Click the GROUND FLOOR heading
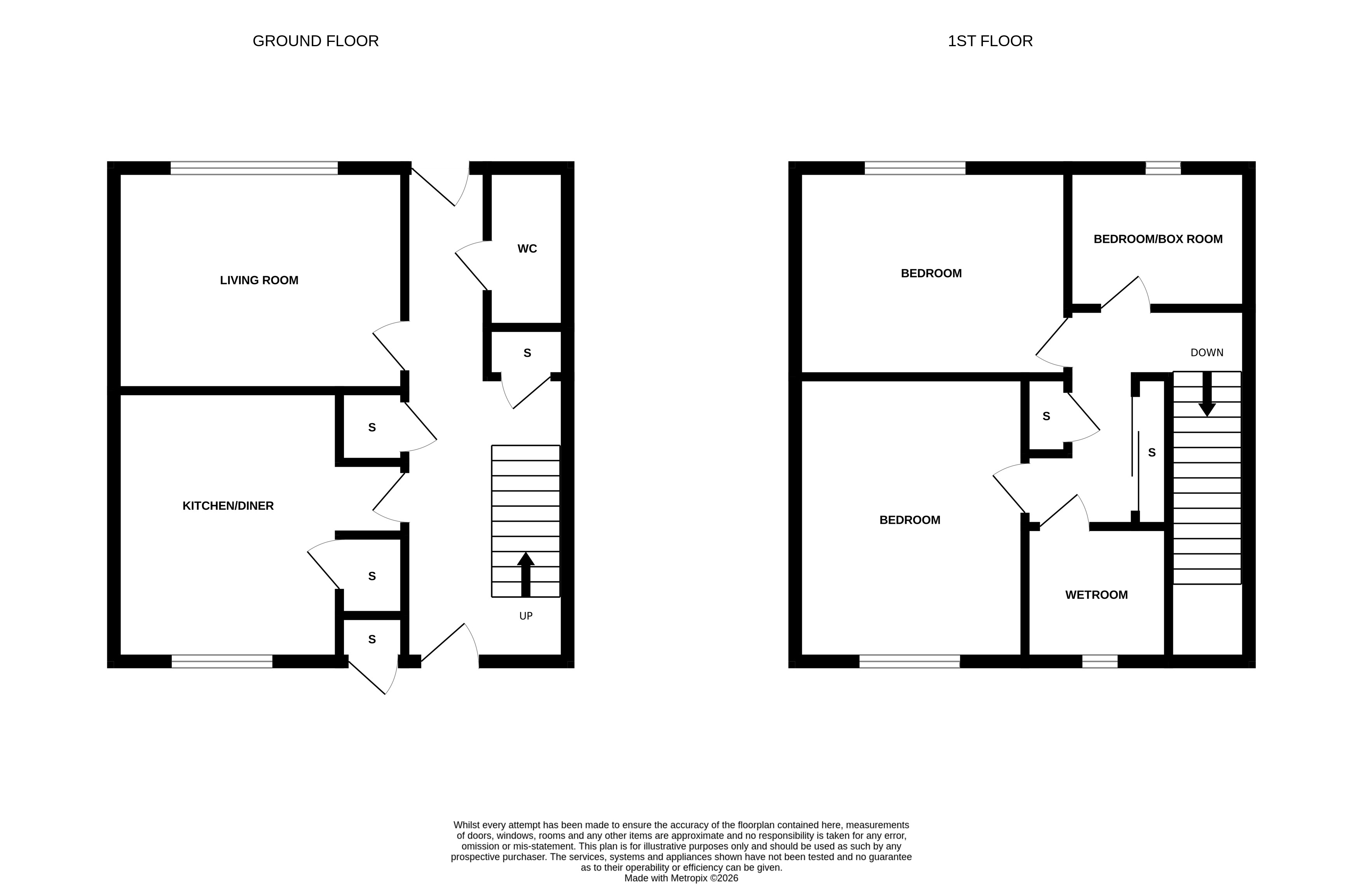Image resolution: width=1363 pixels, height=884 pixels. (x=316, y=41)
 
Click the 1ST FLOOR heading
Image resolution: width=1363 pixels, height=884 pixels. (x=990, y=41)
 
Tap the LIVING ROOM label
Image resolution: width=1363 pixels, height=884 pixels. (x=259, y=280)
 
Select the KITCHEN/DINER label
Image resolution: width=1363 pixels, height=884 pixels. (x=228, y=506)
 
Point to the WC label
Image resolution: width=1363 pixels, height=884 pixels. (x=527, y=249)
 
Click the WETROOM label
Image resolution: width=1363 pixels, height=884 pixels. (x=1096, y=595)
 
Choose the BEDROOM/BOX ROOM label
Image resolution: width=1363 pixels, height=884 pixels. (x=1158, y=239)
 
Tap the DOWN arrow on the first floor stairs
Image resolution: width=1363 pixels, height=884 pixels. (x=1207, y=395)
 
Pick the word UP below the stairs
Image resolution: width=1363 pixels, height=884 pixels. (x=526, y=616)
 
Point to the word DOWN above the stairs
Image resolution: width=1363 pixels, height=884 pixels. (x=1207, y=353)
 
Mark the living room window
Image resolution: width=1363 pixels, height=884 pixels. (x=254, y=168)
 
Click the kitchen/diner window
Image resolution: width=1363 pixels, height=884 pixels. (x=222, y=662)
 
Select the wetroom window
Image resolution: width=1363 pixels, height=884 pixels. (x=1099, y=662)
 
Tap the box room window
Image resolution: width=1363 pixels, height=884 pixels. (x=1163, y=168)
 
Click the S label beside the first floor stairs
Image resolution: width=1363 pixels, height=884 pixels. (x=1152, y=453)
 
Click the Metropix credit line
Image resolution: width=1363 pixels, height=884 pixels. (x=681, y=878)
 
